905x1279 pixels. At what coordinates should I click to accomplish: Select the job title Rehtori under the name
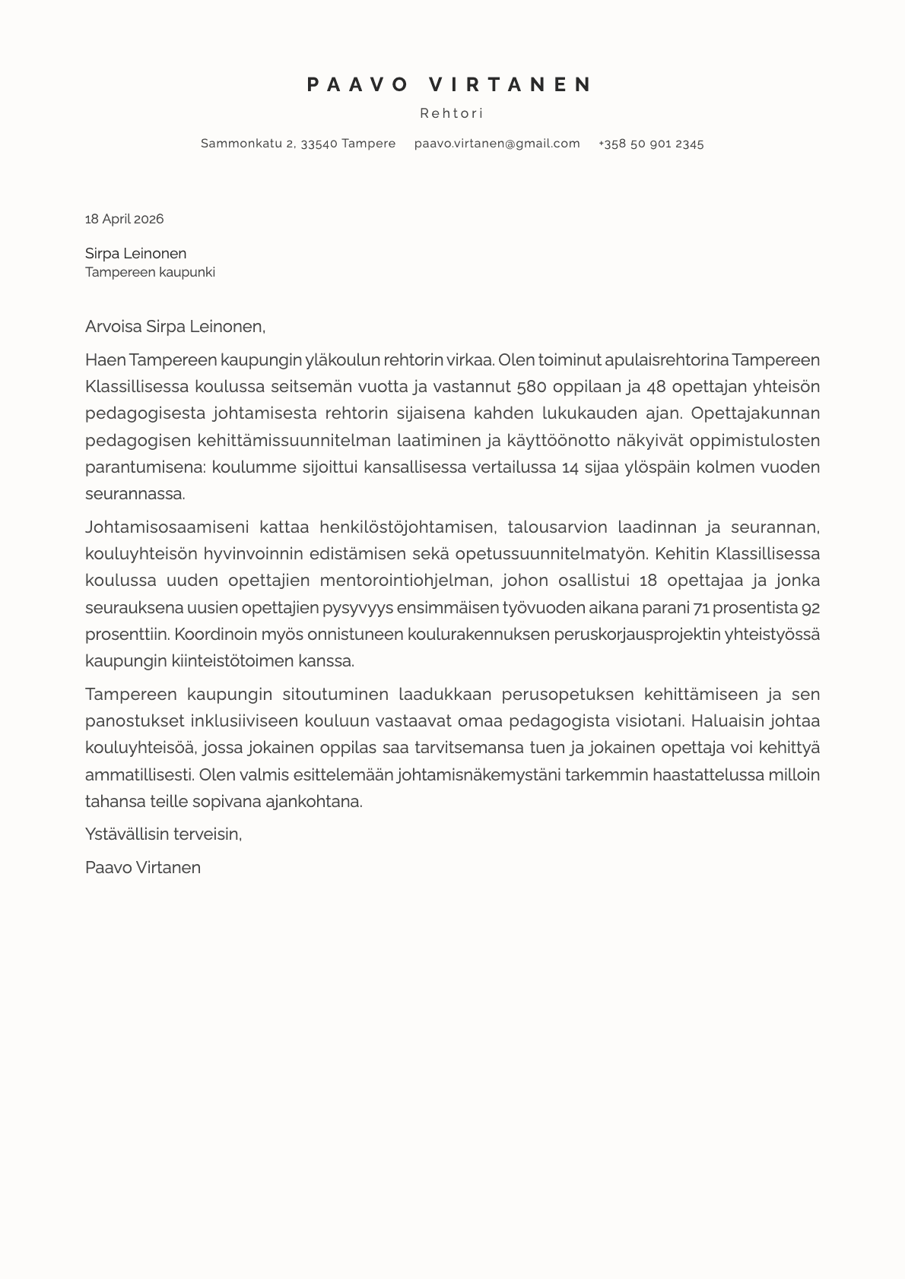click(452, 113)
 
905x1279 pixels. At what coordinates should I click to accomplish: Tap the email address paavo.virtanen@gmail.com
click(497, 143)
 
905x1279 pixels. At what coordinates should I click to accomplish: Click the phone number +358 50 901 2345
click(651, 143)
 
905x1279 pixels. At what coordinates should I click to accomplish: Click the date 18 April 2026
click(124, 219)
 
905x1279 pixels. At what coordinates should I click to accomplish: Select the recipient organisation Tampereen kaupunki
click(150, 272)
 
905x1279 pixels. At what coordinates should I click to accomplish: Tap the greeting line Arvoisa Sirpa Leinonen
click(175, 327)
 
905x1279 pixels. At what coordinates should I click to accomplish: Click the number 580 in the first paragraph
click(532, 386)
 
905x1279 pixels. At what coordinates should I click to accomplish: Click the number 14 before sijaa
click(570, 467)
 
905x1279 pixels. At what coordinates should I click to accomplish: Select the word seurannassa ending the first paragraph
click(135, 493)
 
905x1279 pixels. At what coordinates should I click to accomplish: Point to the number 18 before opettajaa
click(648, 581)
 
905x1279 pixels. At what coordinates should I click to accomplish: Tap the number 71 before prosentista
click(701, 607)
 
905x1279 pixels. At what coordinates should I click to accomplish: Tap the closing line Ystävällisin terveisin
click(164, 834)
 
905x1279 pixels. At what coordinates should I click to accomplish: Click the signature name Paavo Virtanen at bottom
click(143, 867)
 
